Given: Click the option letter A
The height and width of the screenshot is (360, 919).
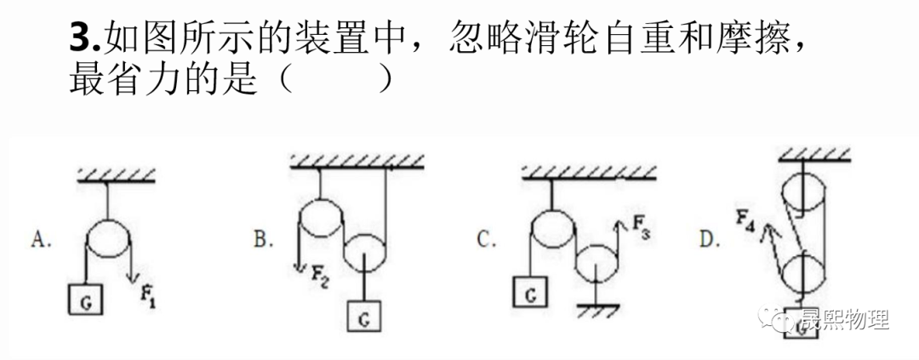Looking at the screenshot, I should (41, 241).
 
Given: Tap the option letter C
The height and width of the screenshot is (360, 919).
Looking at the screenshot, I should (486, 241).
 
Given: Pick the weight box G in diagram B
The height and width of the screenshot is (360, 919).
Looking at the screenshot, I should (363, 318).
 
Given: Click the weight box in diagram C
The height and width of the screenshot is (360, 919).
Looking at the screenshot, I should (529, 294).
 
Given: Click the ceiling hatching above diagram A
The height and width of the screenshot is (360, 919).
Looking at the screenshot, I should (117, 175).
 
